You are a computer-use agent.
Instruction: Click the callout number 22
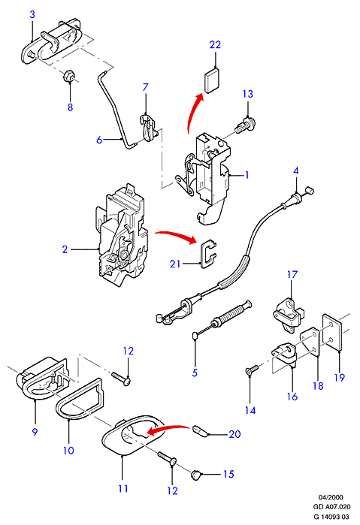(x=215, y=44)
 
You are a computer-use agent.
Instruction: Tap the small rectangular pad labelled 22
(x=212, y=80)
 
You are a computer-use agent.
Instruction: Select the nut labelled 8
(x=69, y=77)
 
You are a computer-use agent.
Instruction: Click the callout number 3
(x=32, y=14)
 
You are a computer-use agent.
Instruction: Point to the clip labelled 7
(x=147, y=128)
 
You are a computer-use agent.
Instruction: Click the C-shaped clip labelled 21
(x=208, y=254)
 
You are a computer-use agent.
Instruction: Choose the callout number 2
(x=65, y=249)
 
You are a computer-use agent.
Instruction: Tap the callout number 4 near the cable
(x=295, y=170)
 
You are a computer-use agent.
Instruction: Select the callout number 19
(x=339, y=377)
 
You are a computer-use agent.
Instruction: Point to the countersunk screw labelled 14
(x=252, y=369)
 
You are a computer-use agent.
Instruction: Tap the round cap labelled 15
(x=196, y=475)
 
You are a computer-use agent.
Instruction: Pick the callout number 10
(x=68, y=451)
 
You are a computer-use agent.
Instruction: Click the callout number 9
(x=35, y=432)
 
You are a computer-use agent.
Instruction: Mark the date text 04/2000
(x=331, y=497)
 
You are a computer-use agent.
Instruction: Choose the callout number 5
(x=195, y=373)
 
